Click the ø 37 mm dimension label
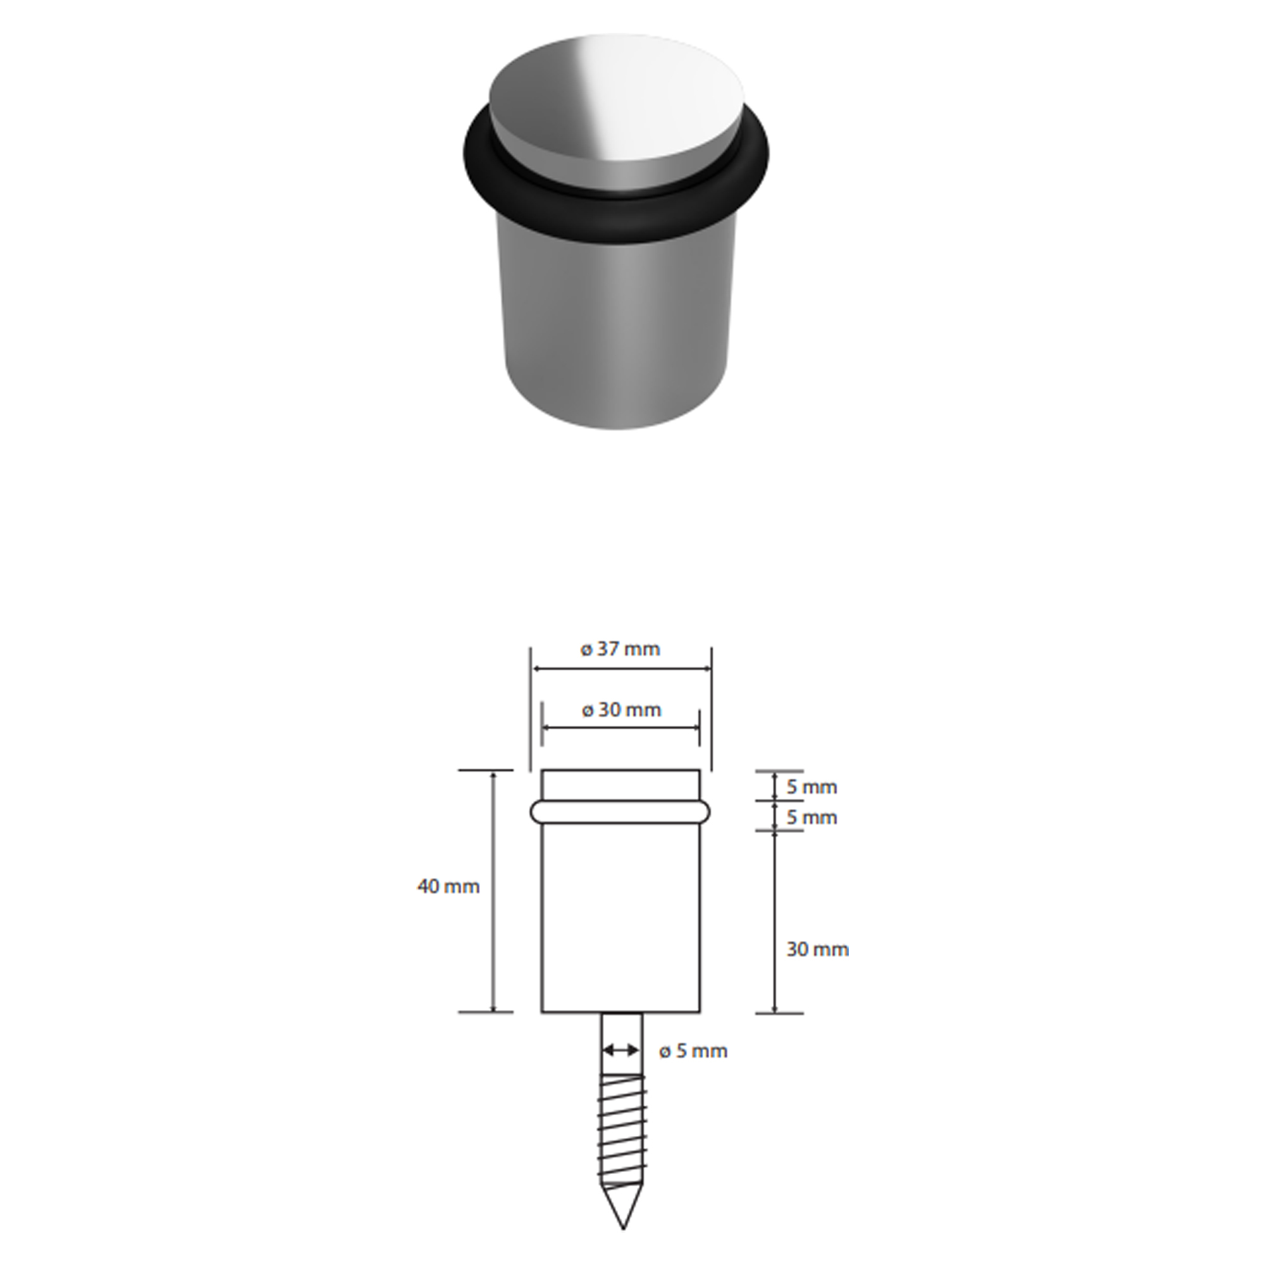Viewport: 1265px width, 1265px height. (x=620, y=650)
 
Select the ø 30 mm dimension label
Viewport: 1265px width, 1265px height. (x=621, y=710)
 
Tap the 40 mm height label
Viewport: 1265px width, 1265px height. (x=448, y=887)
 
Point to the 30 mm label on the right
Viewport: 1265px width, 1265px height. (x=817, y=949)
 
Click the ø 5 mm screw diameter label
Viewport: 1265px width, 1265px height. (x=693, y=1051)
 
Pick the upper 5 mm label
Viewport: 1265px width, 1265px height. (x=812, y=787)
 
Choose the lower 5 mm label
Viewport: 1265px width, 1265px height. (x=812, y=818)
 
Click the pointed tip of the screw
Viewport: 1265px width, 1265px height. (x=622, y=1228)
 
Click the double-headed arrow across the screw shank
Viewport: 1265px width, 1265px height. (x=620, y=1051)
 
